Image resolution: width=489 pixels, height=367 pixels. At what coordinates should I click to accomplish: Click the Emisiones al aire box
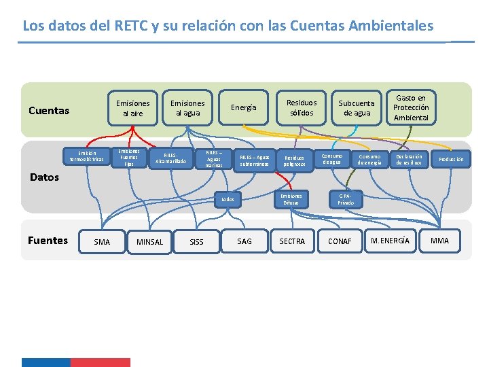click(133, 108)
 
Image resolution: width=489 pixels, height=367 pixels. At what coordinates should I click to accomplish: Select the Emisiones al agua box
click(187, 108)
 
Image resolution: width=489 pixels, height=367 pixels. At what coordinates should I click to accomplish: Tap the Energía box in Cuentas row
click(244, 107)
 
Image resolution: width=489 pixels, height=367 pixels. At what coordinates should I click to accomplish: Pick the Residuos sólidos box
click(301, 108)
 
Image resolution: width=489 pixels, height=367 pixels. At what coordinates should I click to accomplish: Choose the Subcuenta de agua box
click(357, 108)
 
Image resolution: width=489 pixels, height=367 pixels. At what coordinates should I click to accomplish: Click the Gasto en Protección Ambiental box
click(411, 107)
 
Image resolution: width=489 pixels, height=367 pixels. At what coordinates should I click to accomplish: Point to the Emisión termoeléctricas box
click(87, 156)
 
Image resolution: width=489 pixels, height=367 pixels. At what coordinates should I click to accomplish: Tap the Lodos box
click(228, 199)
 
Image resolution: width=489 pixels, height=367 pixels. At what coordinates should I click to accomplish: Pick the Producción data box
click(451, 159)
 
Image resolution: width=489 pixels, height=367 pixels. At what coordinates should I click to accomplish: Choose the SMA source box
click(102, 242)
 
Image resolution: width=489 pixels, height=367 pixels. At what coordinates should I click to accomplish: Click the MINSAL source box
click(150, 242)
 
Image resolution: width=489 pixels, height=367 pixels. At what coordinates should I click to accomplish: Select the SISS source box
click(196, 242)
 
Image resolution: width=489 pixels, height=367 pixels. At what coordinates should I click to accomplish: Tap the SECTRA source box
click(292, 241)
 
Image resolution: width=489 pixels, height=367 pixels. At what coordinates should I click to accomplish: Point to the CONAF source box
click(340, 241)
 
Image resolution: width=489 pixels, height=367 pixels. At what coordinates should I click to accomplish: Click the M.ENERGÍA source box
click(390, 241)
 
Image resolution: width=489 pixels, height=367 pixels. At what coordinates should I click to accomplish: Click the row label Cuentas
click(49, 111)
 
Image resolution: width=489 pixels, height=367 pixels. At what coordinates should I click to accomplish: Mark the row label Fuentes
click(48, 240)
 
